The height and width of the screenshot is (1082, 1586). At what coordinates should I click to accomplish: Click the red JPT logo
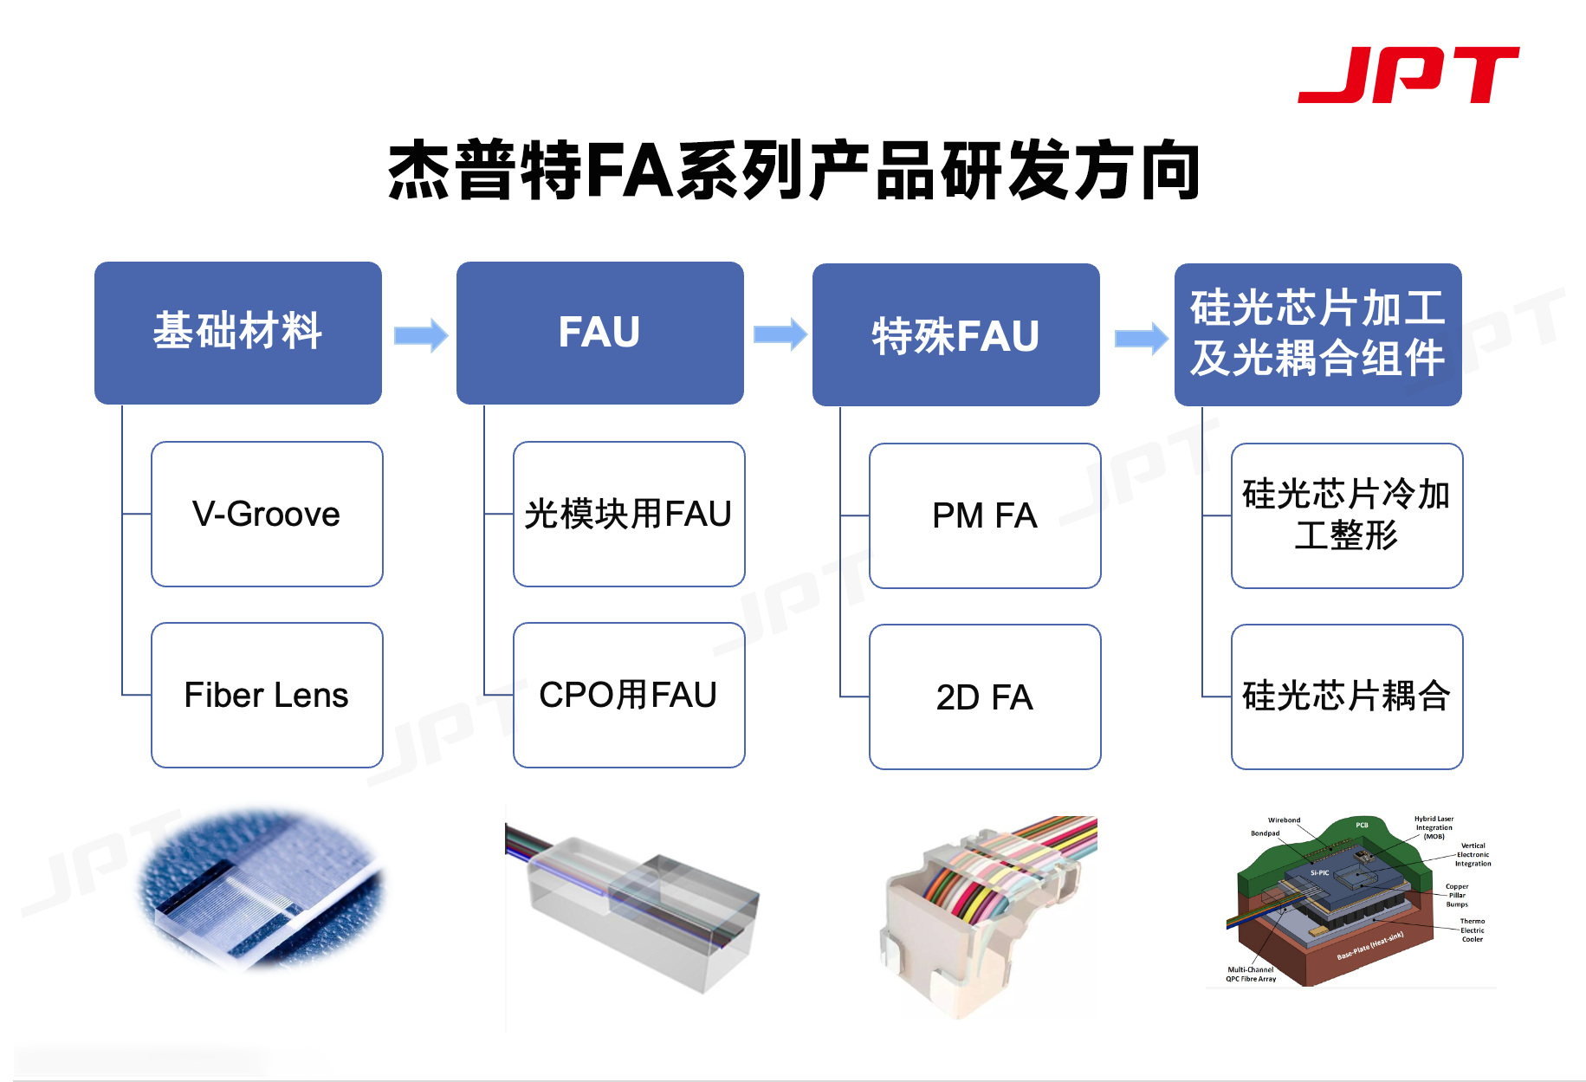(1408, 75)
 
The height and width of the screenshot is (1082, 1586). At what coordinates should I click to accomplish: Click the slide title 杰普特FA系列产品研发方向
(793, 171)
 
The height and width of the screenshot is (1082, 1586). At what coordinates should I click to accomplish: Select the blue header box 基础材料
(238, 333)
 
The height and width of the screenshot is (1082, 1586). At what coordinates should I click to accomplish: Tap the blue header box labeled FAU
(599, 333)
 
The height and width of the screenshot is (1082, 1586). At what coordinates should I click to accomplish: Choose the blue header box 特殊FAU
(955, 334)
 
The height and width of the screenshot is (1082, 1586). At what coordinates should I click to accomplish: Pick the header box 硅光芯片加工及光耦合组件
(1317, 334)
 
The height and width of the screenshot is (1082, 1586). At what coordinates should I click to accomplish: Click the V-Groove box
(267, 515)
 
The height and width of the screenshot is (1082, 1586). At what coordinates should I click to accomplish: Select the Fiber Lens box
(267, 695)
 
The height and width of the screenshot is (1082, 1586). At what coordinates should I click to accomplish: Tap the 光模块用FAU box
(629, 515)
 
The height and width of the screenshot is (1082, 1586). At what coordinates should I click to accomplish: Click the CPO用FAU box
(629, 695)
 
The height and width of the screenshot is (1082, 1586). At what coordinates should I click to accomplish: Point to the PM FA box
(985, 516)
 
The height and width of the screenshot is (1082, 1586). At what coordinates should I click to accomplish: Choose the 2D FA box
(985, 696)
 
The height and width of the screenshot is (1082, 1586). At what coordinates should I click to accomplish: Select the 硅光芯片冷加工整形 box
(1347, 516)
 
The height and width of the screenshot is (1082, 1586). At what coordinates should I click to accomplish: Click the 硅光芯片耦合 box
(1347, 696)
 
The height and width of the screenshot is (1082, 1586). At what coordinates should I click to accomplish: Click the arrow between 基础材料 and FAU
(421, 335)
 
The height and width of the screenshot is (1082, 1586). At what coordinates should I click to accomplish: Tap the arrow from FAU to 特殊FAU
(780, 334)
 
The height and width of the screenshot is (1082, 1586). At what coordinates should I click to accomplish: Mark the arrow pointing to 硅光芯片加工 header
(1141, 338)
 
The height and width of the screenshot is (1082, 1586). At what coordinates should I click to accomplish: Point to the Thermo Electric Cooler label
(1472, 930)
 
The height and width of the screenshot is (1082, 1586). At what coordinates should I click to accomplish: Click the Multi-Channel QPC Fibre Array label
(1251, 975)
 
